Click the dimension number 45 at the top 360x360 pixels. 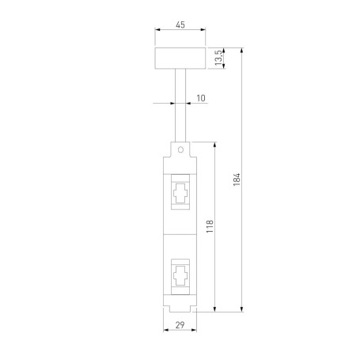pos(180,25)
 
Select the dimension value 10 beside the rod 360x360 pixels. pos(200,98)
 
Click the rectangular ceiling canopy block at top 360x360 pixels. pos(180,59)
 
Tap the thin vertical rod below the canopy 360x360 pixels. pos(180,103)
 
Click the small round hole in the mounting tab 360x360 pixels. pos(180,148)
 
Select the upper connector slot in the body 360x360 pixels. pos(180,194)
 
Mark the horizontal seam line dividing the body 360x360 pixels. pos(180,235)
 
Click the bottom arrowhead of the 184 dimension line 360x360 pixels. pos(242,309)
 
